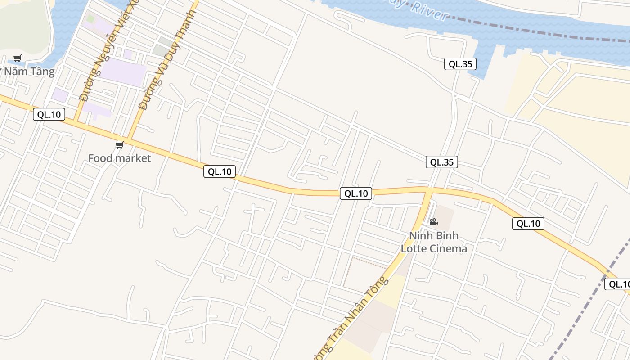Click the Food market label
(x=119, y=158)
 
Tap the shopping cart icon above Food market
(x=119, y=145)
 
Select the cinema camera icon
(x=433, y=222)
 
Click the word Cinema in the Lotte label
(x=447, y=248)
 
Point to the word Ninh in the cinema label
(x=421, y=236)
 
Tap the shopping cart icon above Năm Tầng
(x=18, y=58)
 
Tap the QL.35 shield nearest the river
(x=460, y=64)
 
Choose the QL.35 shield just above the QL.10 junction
(x=441, y=162)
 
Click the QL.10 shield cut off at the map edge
(x=617, y=284)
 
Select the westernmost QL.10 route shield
(x=49, y=114)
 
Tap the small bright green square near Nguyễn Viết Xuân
(x=91, y=19)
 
